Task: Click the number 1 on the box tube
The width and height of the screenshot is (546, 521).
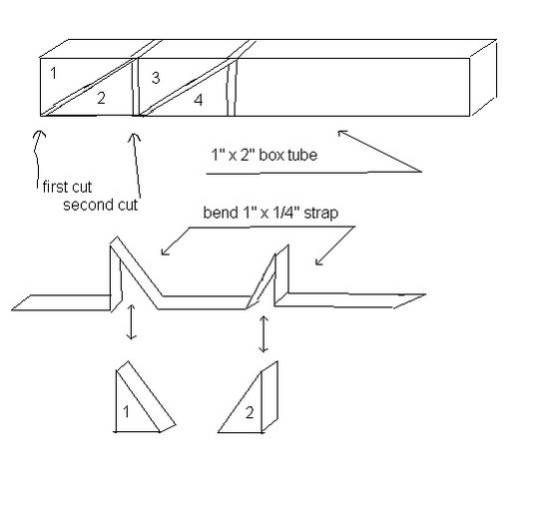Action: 53,73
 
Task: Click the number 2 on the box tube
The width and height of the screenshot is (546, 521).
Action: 102,98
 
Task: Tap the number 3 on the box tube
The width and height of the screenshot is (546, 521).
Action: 156,78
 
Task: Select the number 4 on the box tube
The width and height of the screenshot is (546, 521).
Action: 198,100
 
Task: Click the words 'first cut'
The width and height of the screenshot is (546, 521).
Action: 67,187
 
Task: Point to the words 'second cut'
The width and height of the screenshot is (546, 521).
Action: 101,205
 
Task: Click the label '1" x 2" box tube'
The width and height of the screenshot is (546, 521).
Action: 265,155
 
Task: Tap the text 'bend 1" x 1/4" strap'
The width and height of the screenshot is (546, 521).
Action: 271,213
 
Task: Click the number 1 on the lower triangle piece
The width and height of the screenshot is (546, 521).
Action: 126,412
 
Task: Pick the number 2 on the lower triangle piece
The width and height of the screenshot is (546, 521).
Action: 250,412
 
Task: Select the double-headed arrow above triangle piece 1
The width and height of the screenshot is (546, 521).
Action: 131,321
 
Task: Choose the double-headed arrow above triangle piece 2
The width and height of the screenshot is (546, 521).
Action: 264,334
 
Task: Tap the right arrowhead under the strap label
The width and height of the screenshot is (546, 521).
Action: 317,261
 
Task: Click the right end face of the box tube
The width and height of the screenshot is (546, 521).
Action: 483,78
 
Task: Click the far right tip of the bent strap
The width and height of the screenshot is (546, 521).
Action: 425,294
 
